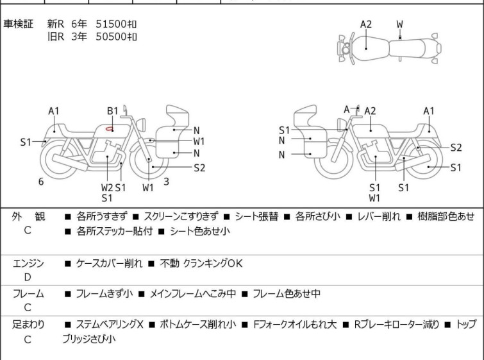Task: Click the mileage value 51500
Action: click(x=110, y=24)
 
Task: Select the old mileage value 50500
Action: click(x=110, y=36)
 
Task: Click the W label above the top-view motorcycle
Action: click(x=399, y=24)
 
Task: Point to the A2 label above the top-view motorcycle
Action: click(x=365, y=24)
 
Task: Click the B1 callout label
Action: click(x=112, y=111)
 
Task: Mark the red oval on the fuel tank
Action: click(x=111, y=128)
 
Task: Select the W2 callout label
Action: click(x=106, y=187)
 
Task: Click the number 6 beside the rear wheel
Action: click(x=41, y=182)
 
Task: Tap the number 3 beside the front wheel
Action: click(x=166, y=182)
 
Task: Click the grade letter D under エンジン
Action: click(x=27, y=277)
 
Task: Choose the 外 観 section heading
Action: click(x=28, y=216)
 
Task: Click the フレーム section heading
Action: click(x=28, y=294)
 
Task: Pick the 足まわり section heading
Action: click(x=28, y=325)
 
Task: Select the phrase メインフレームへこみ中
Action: click(x=193, y=294)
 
